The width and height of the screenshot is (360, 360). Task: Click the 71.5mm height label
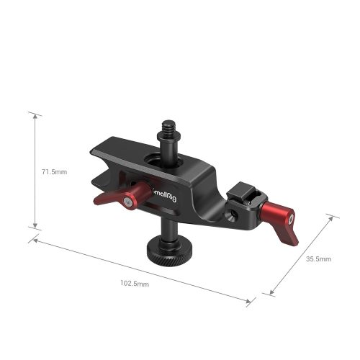54,172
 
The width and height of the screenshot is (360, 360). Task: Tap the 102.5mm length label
134,284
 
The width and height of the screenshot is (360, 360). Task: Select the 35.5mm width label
318,258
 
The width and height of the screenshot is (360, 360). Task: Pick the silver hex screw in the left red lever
127,203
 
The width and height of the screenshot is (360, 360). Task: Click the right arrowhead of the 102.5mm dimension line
253,303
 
